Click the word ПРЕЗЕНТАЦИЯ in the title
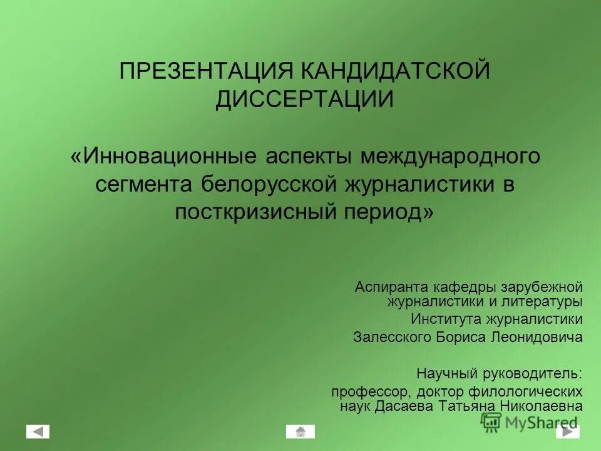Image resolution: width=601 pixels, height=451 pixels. (206, 71)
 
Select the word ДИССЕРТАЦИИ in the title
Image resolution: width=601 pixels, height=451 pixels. (305, 99)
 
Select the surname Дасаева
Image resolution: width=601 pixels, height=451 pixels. (401, 407)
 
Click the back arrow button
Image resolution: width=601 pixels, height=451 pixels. (38, 432)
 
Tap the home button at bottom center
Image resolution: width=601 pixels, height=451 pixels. (300, 432)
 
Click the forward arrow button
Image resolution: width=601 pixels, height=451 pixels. (567, 432)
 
